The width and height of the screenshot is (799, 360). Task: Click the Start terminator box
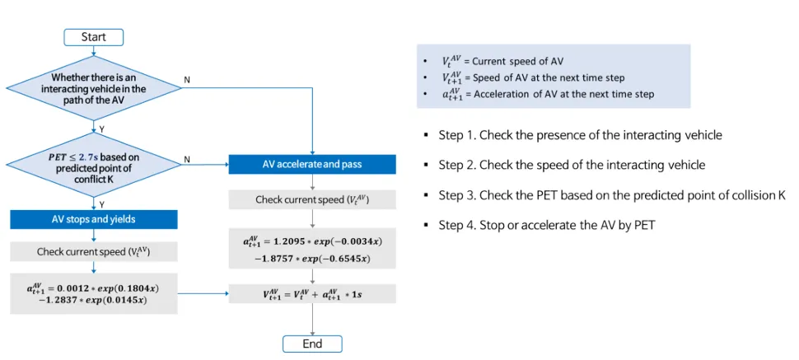[94, 37]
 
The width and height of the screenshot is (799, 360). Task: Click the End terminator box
[312, 344]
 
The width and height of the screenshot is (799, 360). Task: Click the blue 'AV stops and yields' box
[93, 218]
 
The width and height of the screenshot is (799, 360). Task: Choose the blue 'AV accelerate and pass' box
[312, 164]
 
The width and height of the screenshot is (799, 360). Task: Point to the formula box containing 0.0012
[93, 292]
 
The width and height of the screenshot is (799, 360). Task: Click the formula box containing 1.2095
[312, 248]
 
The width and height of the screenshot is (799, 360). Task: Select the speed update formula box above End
[312, 292]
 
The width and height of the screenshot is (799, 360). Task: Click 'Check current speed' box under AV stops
[93, 251]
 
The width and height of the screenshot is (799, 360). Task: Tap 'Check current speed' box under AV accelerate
[312, 200]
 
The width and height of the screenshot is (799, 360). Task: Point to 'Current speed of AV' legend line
[502, 61]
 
